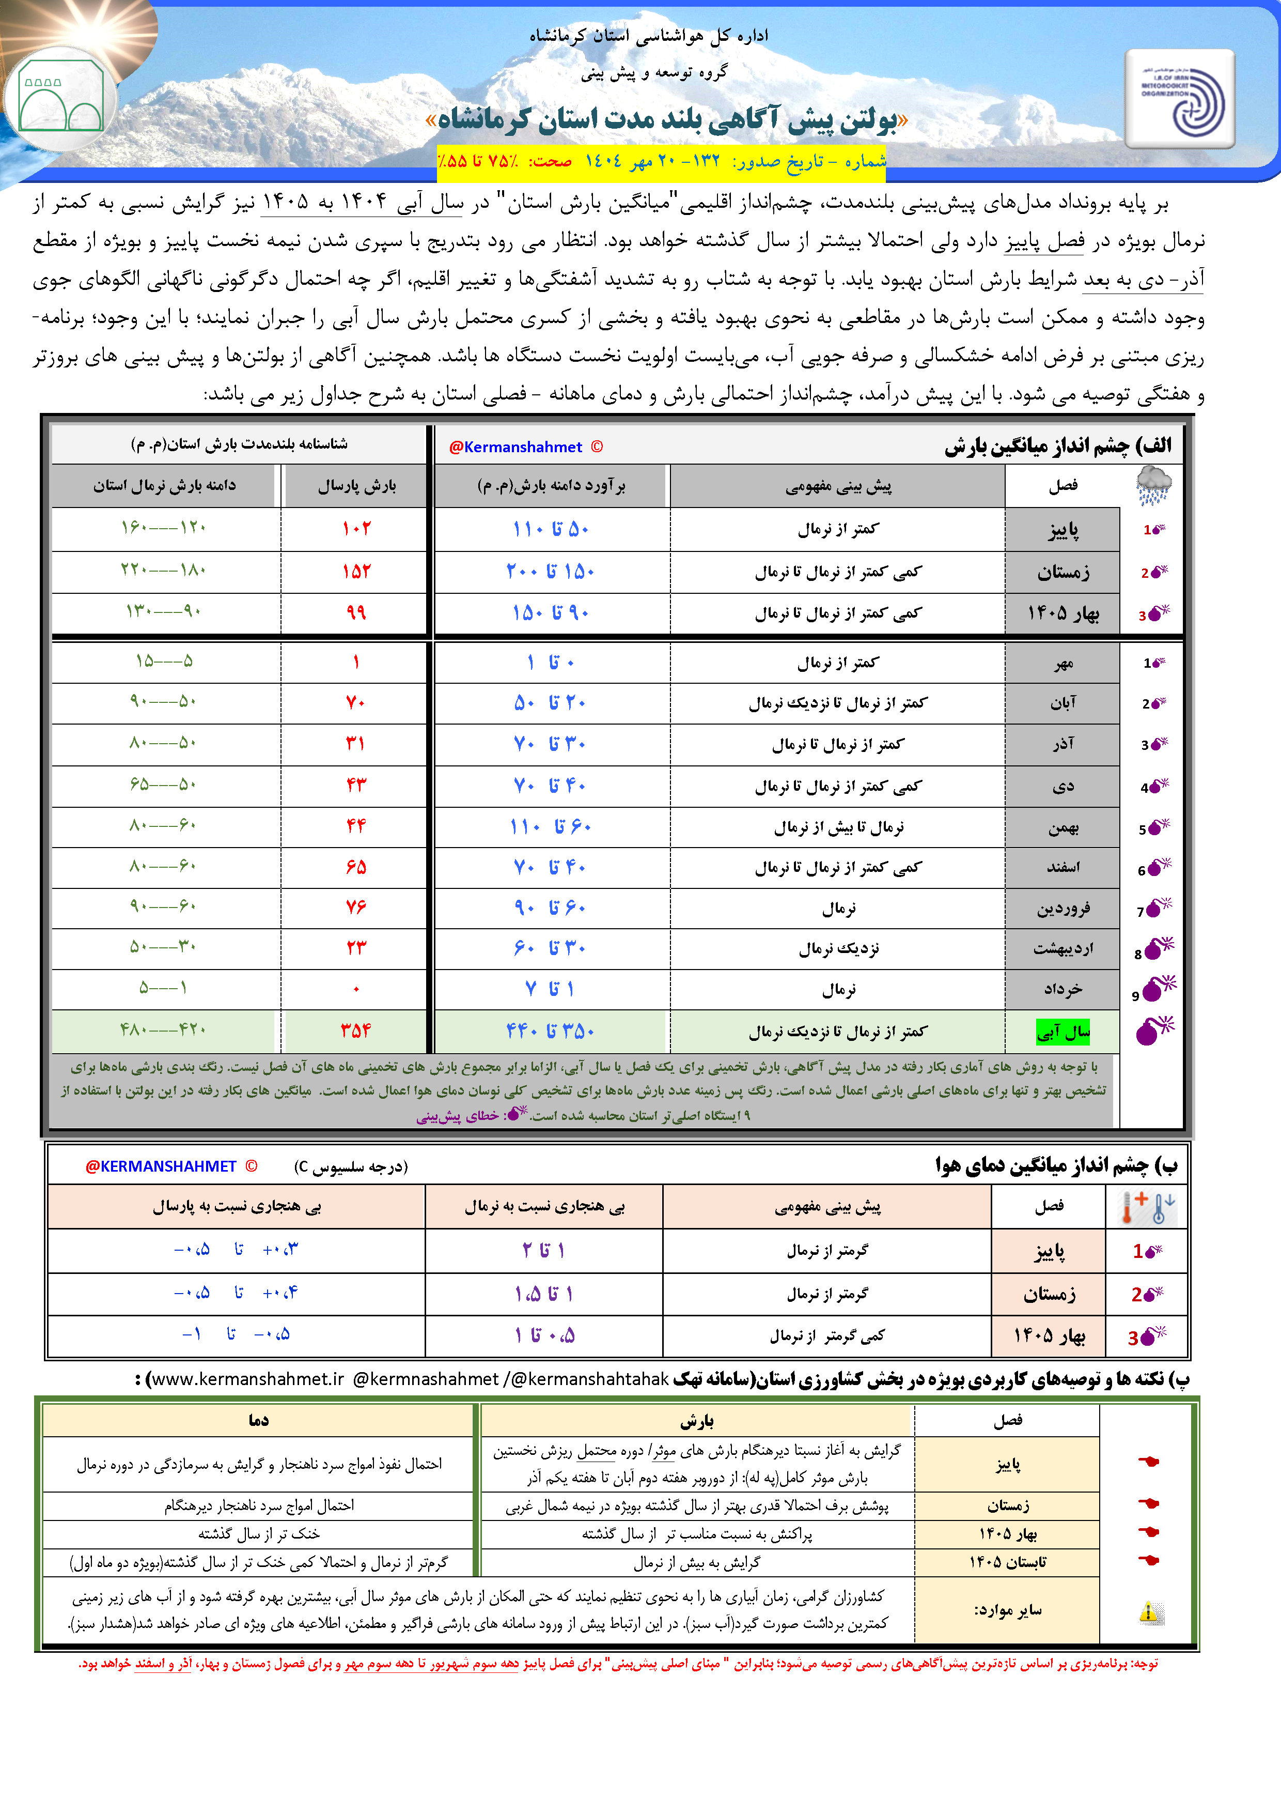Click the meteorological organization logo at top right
tap(1180, 99)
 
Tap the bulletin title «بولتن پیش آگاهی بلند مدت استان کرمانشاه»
tap(667, 120)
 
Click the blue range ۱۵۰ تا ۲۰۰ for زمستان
tap(550, 571)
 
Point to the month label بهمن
tap(1063, 827)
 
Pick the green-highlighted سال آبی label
tap(1063, 1031)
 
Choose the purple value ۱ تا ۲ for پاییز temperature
tap(544, 1250)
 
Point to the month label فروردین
tap(1063, 908)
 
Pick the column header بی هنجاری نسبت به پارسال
tap(237, 1207)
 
